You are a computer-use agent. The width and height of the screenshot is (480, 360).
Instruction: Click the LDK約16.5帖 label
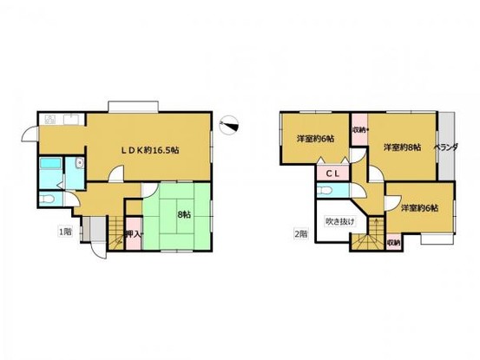(x=149, y=150)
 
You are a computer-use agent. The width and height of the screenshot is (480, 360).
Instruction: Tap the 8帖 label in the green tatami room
(x=184, y=215)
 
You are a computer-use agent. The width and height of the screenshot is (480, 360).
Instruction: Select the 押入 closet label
(x=134, y=234)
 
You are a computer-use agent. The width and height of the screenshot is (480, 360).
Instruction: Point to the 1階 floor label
(x=65, y=232)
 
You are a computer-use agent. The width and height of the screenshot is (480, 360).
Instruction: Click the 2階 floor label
(x=300, y=234)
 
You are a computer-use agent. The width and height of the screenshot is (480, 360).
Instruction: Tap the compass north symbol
(x=229, y=125)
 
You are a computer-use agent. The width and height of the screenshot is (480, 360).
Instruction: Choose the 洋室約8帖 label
(x=403, y=147)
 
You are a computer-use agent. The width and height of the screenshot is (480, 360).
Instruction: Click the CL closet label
(x=332, y=174)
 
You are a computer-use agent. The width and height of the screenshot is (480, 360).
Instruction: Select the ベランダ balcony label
(x=446, y=147)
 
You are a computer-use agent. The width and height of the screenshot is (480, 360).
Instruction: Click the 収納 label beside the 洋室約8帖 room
(x=358, y=130)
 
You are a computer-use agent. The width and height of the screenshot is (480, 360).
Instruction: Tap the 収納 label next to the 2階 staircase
(x=393, y=243)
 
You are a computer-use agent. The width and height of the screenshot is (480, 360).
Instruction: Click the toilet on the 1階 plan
(x=47, y=200)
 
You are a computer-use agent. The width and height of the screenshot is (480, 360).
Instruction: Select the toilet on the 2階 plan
(x=325, y=191)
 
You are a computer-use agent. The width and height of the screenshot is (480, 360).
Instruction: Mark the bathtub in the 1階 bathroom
(x=51, y=163)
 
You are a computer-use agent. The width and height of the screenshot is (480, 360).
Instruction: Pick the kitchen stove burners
(x=49, y=120)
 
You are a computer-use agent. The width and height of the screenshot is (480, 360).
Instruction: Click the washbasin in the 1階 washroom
(x=80, y=163)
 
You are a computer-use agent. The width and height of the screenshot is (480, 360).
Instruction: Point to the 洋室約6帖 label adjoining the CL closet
(x=315, y=139)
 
